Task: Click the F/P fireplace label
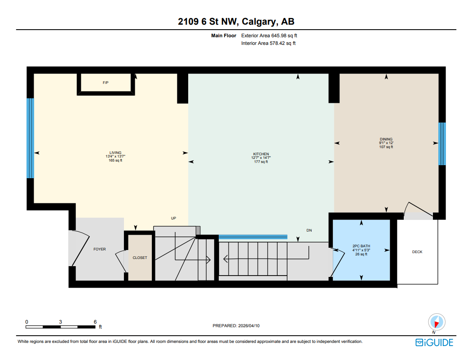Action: point(106,83)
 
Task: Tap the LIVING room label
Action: point(115,153)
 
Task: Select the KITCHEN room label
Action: point(260,154)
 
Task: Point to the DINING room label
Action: point(386,139)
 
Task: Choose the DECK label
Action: point(417,252)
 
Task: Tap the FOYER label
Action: point(99,249)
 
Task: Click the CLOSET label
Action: point(140,258)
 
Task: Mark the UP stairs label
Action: point(173,218)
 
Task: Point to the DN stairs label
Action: point(309,230)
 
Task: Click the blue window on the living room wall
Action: point(30,138)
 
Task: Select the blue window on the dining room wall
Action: point(442,144)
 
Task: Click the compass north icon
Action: point(437,322)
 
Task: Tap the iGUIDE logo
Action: point(434,343)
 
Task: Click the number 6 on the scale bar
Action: point(95,322)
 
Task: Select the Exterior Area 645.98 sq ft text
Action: point(269,35)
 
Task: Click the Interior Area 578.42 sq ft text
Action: point(268,44)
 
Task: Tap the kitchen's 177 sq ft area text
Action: point(260,162)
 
